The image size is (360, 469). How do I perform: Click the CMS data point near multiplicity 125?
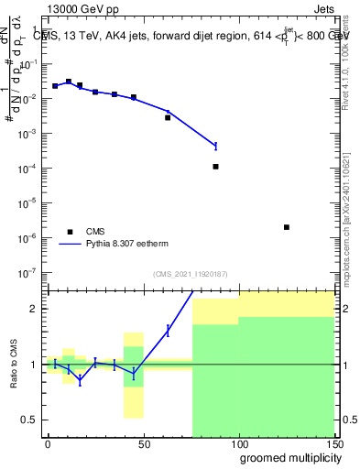[x=287, y=227]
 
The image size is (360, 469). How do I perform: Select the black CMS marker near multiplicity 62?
[x=168, y=117]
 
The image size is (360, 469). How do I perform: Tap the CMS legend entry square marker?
[x=68, y=232]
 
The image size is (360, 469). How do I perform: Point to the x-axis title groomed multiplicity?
[x=288, y=457]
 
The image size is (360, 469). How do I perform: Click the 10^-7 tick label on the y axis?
[x=27, y=272]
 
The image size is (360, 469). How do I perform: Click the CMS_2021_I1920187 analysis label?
[x=190, y=274]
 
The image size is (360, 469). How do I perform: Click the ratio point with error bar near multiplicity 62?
[x=168, y=331]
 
